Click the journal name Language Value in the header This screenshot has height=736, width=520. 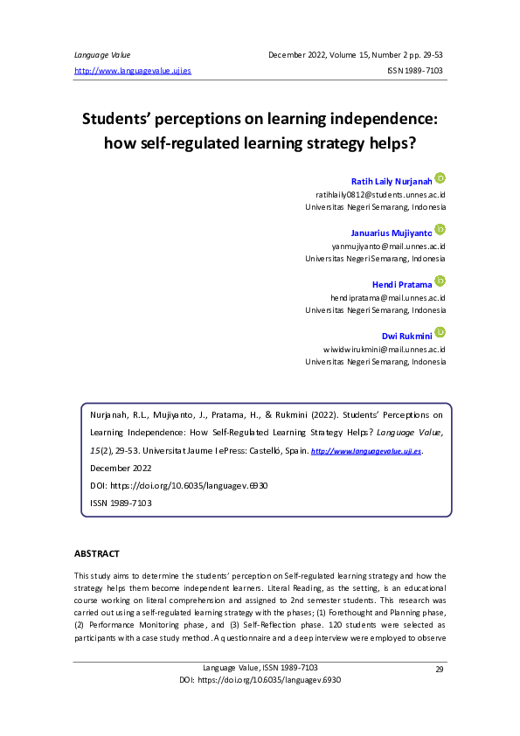(99, 54)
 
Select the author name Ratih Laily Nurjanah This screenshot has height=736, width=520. (392, 180)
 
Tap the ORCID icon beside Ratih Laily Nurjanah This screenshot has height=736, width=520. (440, 177)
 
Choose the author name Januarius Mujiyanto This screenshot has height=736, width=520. (391, 233)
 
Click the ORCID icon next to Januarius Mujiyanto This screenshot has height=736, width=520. (440, 229)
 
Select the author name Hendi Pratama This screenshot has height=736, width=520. (402, 284)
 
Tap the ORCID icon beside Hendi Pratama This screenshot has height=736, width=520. (440, 281)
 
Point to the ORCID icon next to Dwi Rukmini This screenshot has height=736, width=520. (440, 332)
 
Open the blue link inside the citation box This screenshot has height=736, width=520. (366, 452)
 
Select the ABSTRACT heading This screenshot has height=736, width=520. (96, 554)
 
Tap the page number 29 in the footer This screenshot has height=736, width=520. (440, 669)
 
